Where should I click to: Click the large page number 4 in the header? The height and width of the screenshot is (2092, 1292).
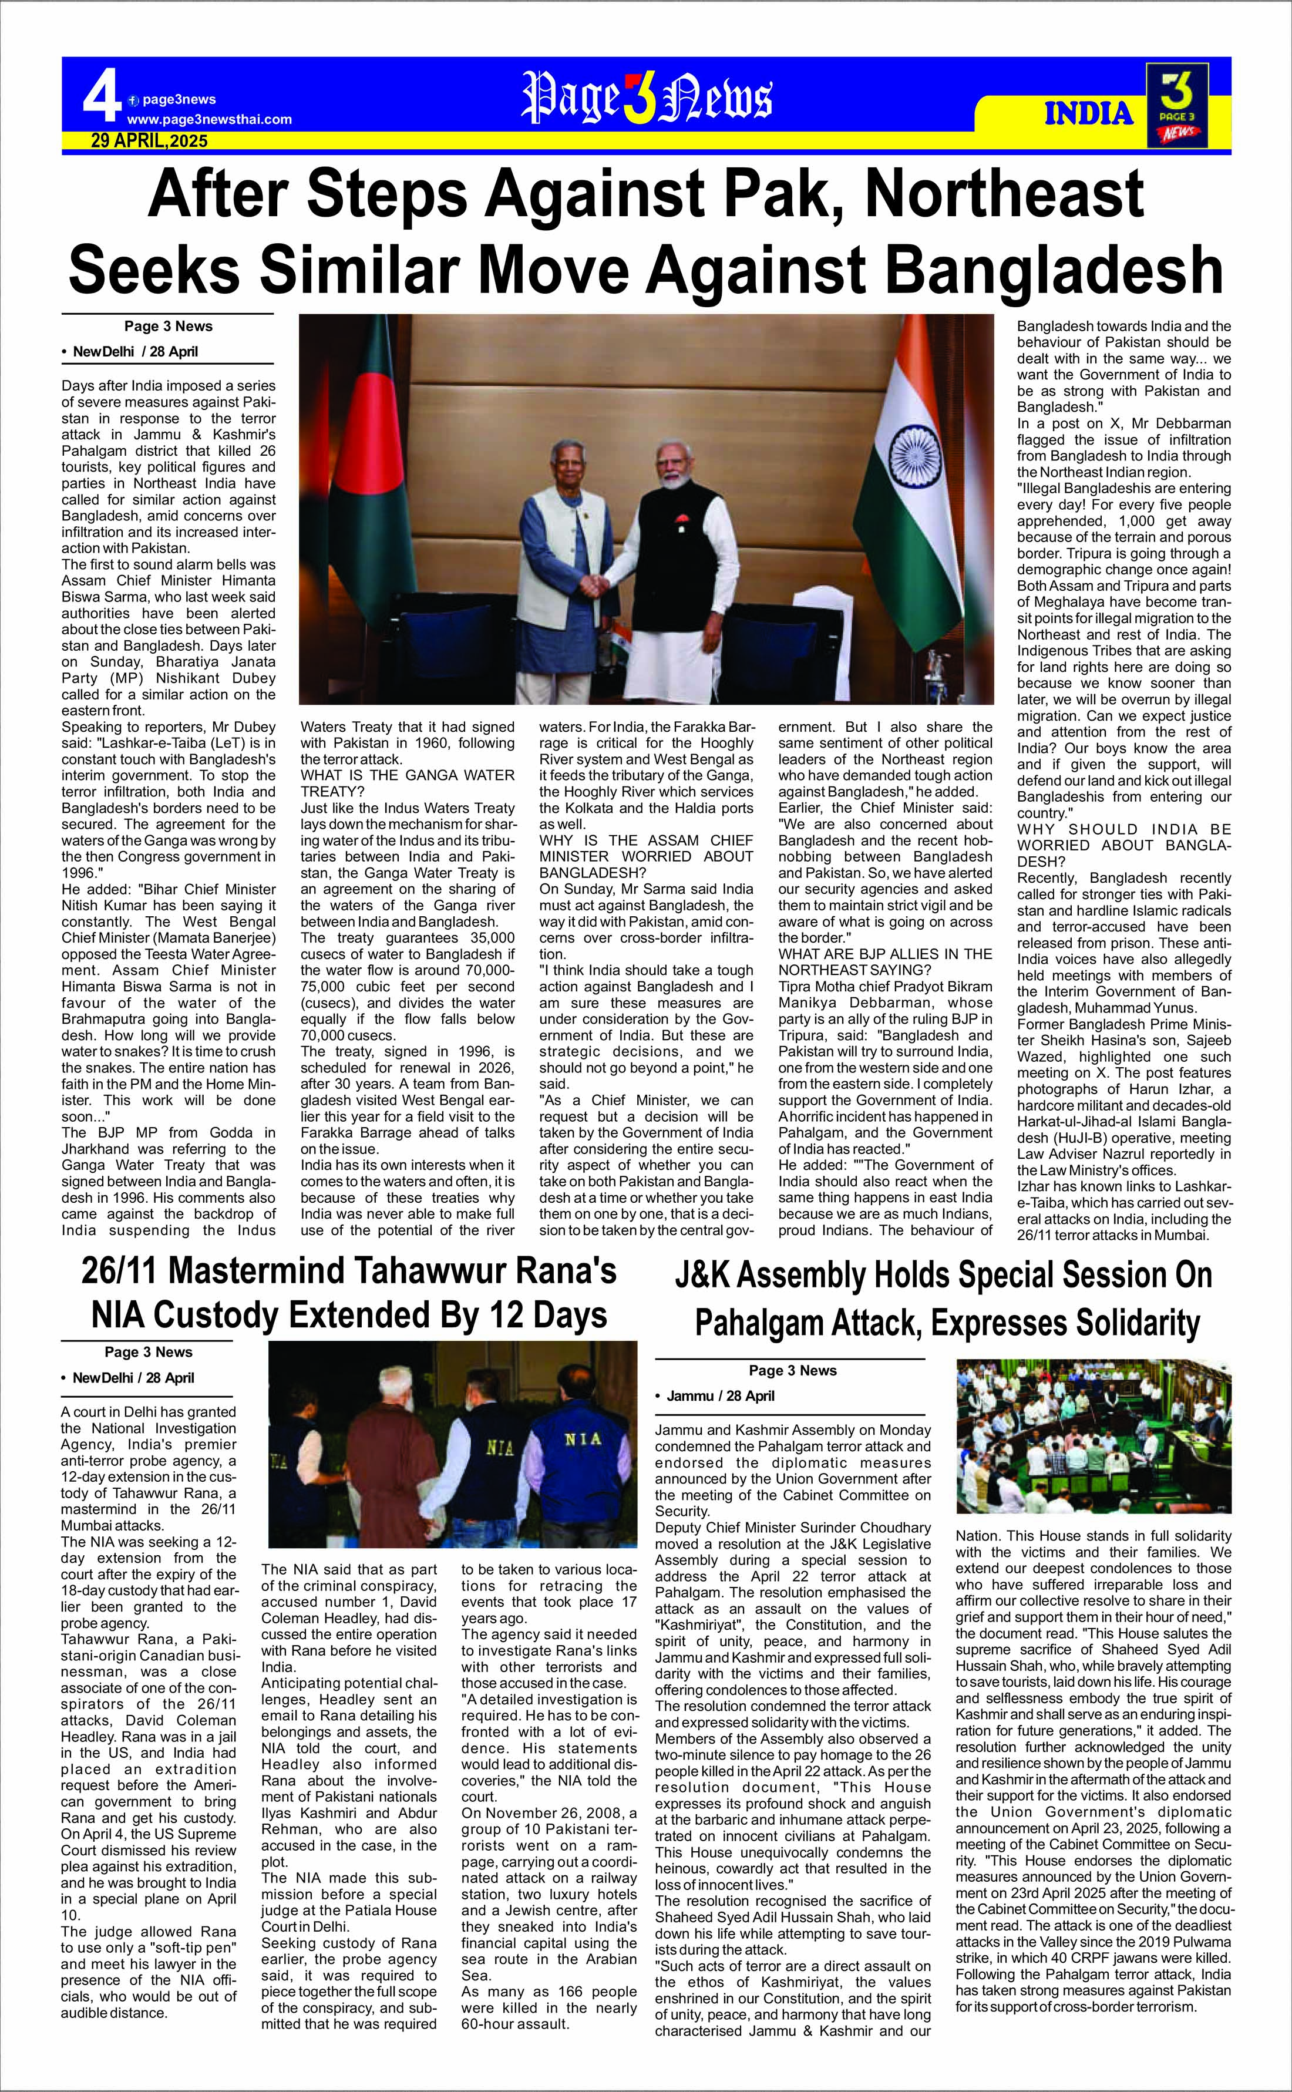102,100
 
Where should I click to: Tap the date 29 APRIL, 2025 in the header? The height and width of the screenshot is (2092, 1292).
150,141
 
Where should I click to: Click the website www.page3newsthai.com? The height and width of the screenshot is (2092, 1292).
209,120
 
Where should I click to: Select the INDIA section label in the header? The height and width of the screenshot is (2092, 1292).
1089,114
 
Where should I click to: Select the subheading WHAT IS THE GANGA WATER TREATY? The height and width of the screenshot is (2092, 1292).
408,783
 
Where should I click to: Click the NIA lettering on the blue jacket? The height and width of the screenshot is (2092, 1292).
583,1439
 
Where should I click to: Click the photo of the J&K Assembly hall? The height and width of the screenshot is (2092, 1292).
1093,1438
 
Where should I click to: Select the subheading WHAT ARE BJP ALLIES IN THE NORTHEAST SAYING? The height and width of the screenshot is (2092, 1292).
885,962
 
